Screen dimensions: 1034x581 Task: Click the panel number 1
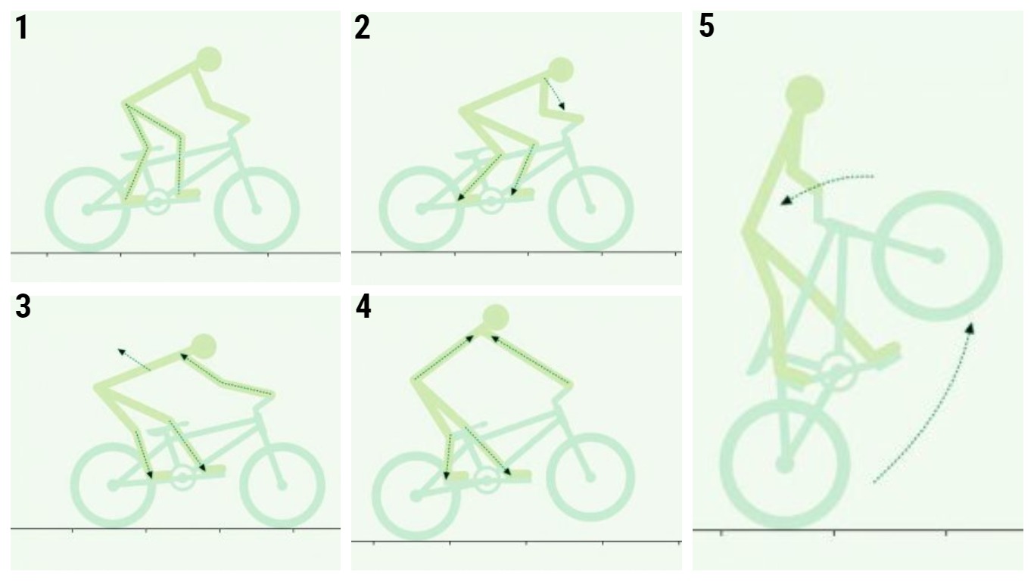click(x=22, y=28)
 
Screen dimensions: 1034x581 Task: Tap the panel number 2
click(x=363, y=28)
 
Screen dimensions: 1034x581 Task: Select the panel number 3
click(x=23, y=307)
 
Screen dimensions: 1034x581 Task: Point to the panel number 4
click(x=364, y=307)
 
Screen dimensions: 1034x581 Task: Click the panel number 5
click(x=707, y=26)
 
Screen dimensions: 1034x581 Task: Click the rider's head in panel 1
click(x=209, y=60)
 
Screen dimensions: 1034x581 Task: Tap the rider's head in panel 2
click(x=561, y=70)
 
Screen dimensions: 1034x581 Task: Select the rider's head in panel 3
click(x=204, y=346)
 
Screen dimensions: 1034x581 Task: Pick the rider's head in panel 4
click(x=496, y=318)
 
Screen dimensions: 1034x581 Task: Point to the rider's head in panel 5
click(x=805, y=95)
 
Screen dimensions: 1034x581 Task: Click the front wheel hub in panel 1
click(x=256, y=210)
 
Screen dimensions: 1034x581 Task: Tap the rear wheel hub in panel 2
click(x=421, y=209)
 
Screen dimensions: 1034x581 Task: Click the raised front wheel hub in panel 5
click(x=937, y=256)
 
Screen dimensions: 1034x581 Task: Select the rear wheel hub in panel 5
click(x=784, y=464)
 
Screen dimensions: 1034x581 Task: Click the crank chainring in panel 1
click(x=157, y=202)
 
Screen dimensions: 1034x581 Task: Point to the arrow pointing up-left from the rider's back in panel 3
click(x=134, y=359)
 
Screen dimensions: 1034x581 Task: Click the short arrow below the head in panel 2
click(x=554, y=94)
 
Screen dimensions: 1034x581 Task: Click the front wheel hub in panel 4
click(x=590, y=477)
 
